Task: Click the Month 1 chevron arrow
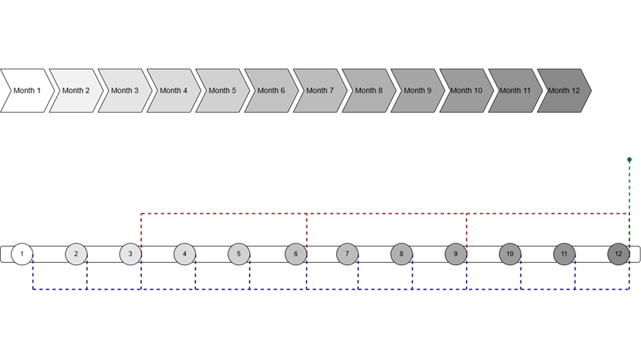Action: point(28,91)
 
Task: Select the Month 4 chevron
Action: point(174,91)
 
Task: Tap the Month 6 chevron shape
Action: point(272,91)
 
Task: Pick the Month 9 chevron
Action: point(418,91)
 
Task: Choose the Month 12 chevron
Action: point(564,91)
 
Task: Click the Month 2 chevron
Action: point(76,91)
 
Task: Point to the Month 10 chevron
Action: point(467,91)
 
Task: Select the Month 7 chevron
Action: point(320,91)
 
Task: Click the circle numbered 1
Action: point(22,254)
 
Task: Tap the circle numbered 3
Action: point(130,254)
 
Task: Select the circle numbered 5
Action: point(239,254)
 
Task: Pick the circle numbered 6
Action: point(296,254)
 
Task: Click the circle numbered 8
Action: point(401,254)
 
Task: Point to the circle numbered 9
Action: point(456,254)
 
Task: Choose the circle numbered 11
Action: point(564,254)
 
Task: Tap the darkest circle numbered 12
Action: point(619,254)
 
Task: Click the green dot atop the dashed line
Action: point(629,160)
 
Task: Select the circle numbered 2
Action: point(76,254)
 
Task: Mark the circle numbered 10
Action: point(510,254)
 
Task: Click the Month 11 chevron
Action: point(515,91)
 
